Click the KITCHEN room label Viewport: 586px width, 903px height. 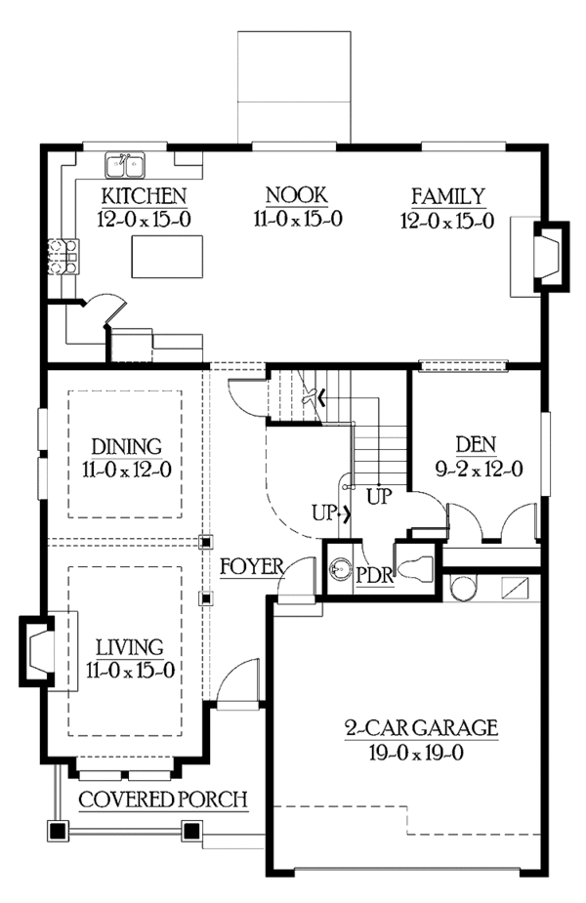tap(145, 195)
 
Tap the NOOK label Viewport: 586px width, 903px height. tap(298, 195)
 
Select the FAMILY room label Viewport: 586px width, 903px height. tap(447, 195)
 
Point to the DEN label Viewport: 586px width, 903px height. tap(478, 445)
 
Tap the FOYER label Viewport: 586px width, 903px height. tap(251, 567)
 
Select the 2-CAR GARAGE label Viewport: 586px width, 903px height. tap(421, 727)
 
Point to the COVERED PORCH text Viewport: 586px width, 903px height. tap(162, 800)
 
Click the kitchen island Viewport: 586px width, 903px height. tap(159, 255)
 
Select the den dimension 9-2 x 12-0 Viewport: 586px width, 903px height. tap(478, 470)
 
